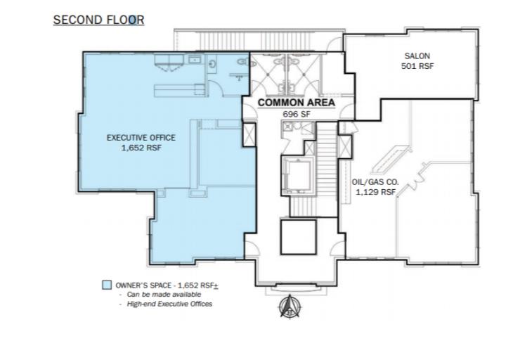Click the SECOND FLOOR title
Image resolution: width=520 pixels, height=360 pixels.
pos(98,20)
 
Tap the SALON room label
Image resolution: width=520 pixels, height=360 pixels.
pos(417,56)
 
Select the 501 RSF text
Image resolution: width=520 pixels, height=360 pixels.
pos(417,66)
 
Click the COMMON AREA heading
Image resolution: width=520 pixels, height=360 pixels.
pos(296,103)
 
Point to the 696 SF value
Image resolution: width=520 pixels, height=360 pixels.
pos(297,114)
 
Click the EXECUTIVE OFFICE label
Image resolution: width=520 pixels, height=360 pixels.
pos(141,138)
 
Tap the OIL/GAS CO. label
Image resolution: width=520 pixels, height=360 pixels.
pos(375,182)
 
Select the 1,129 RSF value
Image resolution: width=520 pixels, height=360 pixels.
pos(376,192)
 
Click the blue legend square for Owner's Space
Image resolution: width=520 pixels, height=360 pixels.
pos(107,285)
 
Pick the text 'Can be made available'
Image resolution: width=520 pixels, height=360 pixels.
pos(164,295)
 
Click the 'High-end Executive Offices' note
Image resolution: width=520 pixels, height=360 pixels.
pos(169,304)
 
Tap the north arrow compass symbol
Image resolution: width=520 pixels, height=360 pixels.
pos(290,307)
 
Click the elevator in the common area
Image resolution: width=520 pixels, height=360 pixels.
pos(297,176)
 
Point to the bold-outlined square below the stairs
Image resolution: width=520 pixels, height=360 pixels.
pos(298,237)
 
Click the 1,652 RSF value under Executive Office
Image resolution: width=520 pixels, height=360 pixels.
pos(141,148)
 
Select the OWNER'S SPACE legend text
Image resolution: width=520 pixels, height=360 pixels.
pos(167,285)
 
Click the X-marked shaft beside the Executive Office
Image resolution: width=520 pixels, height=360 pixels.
pos(249,135)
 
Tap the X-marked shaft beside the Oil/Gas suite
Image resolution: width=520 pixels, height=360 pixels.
pos(345,146)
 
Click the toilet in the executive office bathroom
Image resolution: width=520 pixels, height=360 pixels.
pos(212,63)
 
